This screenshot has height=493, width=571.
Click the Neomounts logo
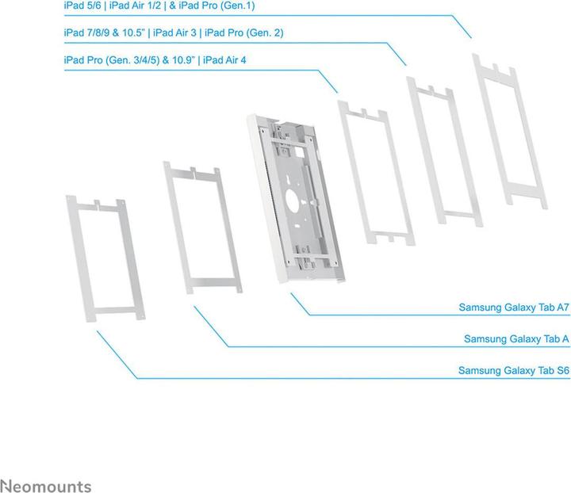(46, 486)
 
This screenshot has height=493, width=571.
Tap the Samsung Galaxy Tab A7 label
(514, 307)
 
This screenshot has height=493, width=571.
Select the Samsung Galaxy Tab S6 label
(514, 370)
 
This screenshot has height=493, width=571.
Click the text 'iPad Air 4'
(225, 59)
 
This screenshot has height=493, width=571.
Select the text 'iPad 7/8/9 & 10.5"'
(105, 32)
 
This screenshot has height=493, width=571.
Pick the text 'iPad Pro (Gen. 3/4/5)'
(112, 59)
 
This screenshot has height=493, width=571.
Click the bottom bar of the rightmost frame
(527, 193)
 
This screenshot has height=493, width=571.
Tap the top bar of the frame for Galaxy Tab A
(192, 173)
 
